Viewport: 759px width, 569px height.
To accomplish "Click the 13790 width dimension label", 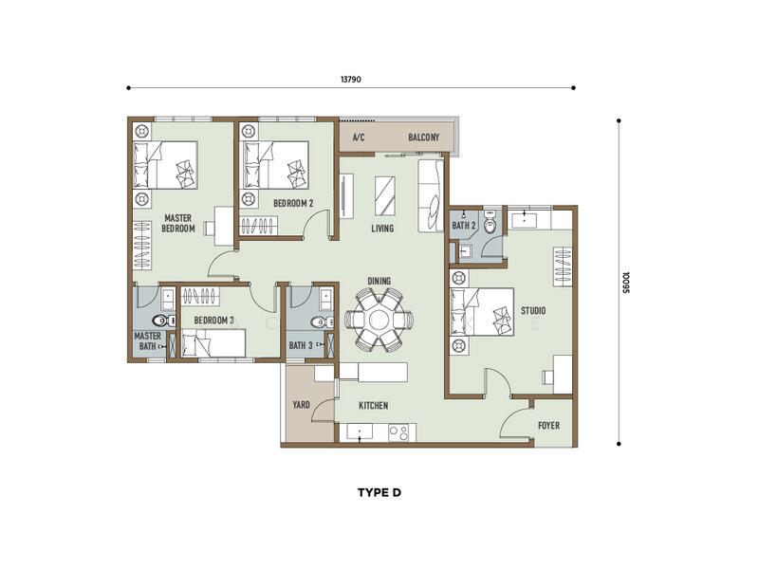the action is pos(350,80).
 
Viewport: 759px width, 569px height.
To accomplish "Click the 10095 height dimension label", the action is pos(626,282).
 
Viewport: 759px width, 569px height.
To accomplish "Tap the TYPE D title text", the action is pos(379,492).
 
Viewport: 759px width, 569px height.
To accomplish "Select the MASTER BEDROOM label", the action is pos(178,223).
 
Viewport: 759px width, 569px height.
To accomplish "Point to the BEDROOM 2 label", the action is pos(293,203).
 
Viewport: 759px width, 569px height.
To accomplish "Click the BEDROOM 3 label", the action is pos(214,321).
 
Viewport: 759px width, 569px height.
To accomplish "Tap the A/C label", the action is pos(359,138).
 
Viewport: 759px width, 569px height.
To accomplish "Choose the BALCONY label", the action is pos(423,138).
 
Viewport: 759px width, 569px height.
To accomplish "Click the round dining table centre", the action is pos(379,320).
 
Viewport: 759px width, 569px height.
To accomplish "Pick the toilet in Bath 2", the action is pos(491,223).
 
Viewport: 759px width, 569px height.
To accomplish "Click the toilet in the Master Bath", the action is pos(163,321).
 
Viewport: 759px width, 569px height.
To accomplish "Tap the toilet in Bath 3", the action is pos(322,321).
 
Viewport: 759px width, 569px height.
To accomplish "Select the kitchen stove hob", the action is pos(398,432).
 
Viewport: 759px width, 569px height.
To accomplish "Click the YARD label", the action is pos(301,405).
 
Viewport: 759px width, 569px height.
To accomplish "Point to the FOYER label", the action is pos(549,425).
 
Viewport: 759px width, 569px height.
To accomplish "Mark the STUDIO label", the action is pos(533,311).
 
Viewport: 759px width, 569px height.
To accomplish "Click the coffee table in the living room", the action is pos(385,196).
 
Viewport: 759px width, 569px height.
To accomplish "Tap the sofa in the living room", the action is pos(431,195).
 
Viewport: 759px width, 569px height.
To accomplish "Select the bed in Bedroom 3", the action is pos(213,343).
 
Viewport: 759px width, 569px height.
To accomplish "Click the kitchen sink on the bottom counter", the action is pos(359,432).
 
